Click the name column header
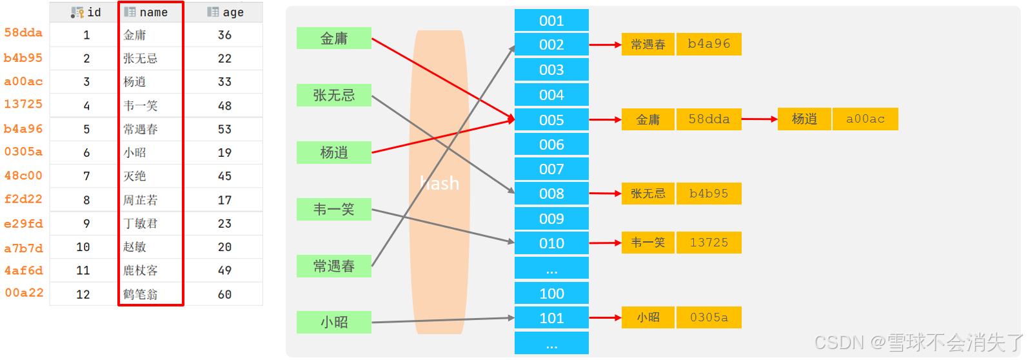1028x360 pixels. click(151, 12)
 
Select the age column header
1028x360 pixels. click(225, 12)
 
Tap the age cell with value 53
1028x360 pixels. click(224, 129)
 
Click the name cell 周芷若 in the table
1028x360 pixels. click(141, 200)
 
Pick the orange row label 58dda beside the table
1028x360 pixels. click(23, 33)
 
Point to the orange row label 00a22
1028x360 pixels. click(24, 293)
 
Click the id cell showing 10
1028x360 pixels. click(83, 247)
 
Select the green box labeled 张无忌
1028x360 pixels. click(333, 95)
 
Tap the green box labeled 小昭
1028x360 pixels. click(333, 322)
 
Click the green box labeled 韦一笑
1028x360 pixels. click(333, 209)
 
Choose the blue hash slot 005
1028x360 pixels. click(551, 120)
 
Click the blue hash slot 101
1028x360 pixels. click(551, 318)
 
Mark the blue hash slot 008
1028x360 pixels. click(551, 194)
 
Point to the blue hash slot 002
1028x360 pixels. click(551, 45)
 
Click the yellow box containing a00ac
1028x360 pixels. click(865, 119)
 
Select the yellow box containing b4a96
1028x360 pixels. click(709, 44)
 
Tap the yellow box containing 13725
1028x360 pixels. click(709, 243)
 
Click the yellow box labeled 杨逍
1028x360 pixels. click(804, 119)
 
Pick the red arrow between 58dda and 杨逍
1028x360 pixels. click(759, 119)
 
